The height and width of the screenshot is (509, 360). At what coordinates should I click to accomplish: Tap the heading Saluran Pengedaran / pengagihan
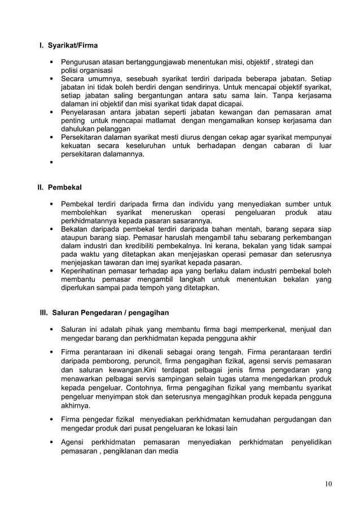coord(110,312)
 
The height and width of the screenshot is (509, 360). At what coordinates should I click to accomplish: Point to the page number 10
coord(328,484)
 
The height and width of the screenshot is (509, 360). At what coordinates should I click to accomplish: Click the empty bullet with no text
coord(51,165)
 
